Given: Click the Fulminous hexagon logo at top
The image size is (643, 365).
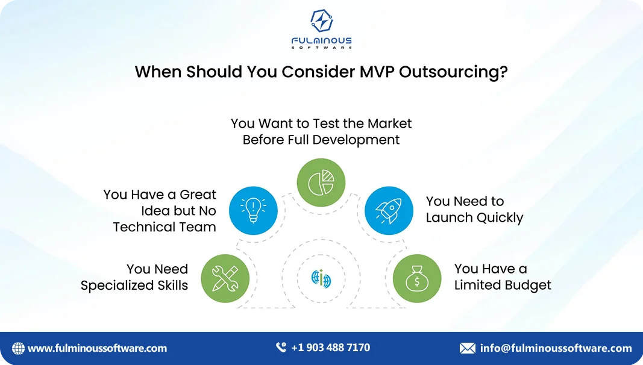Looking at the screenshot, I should (x=321, y=21).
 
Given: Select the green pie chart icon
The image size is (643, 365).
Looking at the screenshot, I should (x=321, y=182).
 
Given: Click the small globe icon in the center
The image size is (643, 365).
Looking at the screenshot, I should (x=321, y=278).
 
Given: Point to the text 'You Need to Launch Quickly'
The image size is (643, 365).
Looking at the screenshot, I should (x=474, y=210).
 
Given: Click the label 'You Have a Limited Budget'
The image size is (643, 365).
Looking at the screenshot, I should (x=503, y=277).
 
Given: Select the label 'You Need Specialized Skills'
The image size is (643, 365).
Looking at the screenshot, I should (x=134, y=277).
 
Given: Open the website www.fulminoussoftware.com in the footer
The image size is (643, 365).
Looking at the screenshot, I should (x=97, y=348).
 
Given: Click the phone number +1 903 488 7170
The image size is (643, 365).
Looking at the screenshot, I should (x=330, y=348).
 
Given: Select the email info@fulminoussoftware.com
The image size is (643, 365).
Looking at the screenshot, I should (x=556, y=348).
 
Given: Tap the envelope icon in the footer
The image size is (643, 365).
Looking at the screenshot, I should (x=467, y=348).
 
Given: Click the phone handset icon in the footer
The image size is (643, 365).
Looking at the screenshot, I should (x=281, y=348).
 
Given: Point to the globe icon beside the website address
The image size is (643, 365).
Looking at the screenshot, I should (x=18, y=348).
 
